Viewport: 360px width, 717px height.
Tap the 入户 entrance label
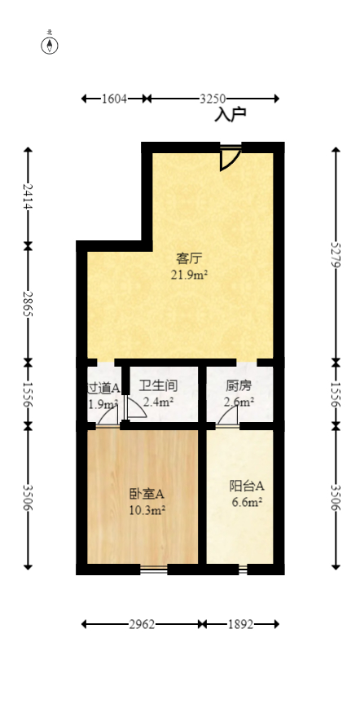(x=230, y=115)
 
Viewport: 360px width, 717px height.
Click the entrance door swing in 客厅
(x=230, y=158)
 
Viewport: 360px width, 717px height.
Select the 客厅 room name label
(x=189, y=259)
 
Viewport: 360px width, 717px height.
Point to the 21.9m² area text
(x=189, y=275)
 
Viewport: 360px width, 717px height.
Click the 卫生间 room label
(x=158, y=385)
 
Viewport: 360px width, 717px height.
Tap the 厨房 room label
(x=239, y=385)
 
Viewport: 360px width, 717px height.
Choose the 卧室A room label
(x=147, y=494)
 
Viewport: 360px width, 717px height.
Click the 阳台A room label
(x=246, y=486)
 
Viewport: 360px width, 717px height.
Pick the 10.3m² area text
(x=147, y=510)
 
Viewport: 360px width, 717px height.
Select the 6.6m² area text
(x=246, y=502)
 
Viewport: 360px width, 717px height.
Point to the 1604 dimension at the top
(x=115, y=99)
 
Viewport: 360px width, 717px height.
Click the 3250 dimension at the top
(x=213, y=99)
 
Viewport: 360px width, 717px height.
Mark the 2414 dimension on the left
(x=29, y=196)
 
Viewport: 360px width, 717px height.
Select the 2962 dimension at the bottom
(x=143, y=625)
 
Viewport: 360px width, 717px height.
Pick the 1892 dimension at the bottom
(x=240, y=625)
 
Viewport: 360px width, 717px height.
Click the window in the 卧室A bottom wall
(x=153, y=569)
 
